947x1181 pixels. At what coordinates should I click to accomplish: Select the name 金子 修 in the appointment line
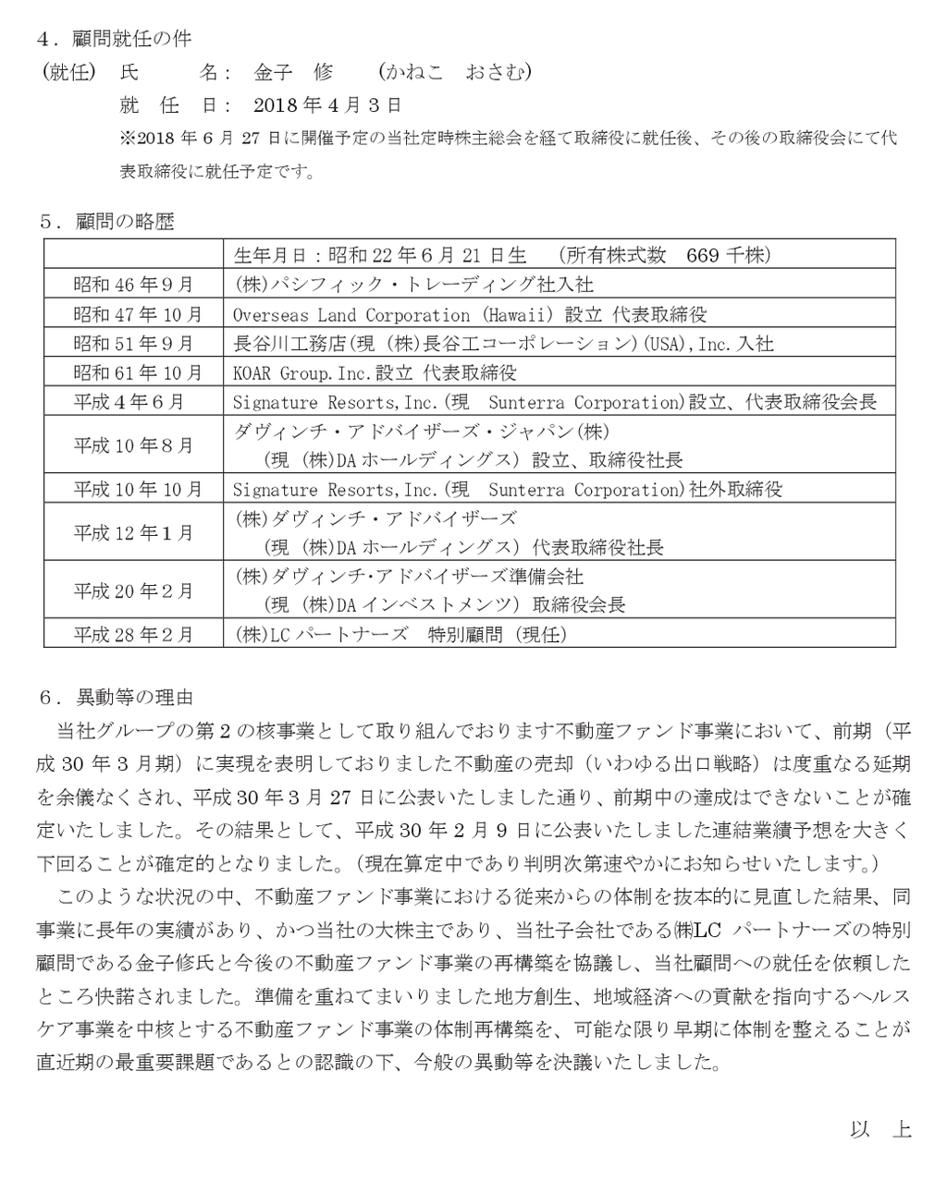292,72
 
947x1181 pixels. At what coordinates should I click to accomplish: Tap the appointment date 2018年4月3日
326,104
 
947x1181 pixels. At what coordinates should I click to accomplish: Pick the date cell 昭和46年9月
133,284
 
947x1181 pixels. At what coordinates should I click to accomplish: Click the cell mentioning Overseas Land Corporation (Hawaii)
469,314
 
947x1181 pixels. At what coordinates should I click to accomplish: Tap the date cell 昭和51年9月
133,344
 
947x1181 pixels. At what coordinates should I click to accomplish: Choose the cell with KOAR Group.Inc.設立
375,372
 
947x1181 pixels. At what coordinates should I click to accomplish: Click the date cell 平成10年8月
133,445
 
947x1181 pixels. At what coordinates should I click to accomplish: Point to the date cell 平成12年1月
133,533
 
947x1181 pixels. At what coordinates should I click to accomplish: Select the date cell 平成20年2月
133,590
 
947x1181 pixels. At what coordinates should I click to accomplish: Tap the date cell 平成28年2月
133,635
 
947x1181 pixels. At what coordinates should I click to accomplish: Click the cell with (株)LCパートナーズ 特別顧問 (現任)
400,635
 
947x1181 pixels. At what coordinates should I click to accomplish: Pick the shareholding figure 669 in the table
703,255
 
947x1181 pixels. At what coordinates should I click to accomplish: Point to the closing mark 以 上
880,1129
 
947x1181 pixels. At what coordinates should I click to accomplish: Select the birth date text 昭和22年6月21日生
426,255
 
